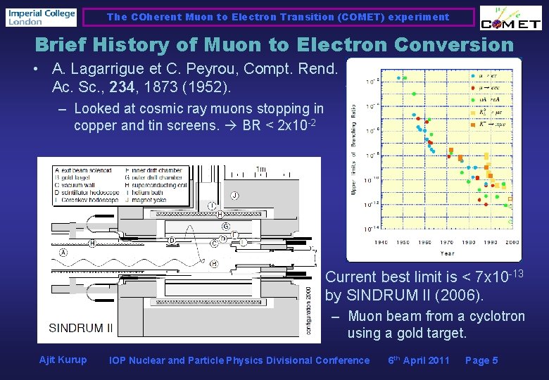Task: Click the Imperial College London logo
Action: [41, 17]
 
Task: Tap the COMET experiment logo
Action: [510, 19]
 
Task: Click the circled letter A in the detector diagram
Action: [64, 252]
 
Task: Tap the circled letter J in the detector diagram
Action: [234, 195]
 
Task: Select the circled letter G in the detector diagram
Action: [225, 226]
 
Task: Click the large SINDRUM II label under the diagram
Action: [81, 328]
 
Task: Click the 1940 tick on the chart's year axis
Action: [380, 242]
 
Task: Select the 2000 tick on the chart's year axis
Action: [512, 242]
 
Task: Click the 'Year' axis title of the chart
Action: [447, 253]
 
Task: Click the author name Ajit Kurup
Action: [63, 360]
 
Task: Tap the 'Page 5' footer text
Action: [481, 360]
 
